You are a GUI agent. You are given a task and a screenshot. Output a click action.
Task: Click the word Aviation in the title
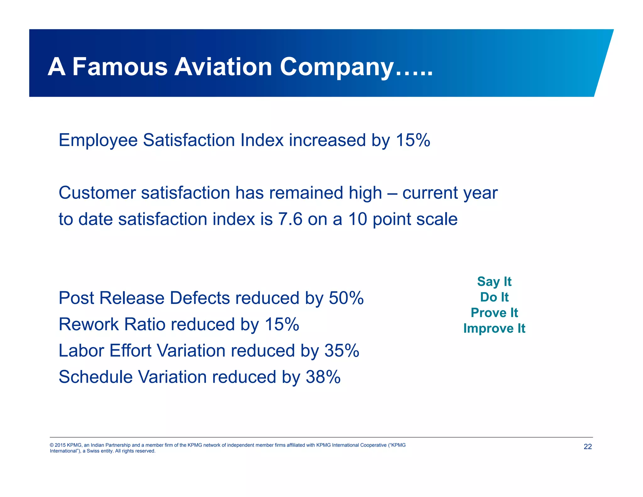point(223,67)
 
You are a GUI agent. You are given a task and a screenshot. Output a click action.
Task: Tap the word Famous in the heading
point(120,67)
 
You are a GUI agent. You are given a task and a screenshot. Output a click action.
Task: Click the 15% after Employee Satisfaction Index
point(413,140)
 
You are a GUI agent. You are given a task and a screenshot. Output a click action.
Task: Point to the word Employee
point(98,141)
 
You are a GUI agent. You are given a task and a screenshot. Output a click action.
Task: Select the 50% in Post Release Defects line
point(346,298)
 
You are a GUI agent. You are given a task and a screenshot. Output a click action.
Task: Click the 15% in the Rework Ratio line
point(282,325)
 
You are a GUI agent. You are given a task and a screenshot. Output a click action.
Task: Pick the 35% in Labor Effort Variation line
point(342,351)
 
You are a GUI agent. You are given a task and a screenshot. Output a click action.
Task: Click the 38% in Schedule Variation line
point(323,377)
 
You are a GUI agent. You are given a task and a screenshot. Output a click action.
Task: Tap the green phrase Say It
point(494,282)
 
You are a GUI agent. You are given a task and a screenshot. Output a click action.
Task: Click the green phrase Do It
point(494,297)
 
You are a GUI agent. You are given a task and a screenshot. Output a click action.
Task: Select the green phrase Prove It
point(494,313)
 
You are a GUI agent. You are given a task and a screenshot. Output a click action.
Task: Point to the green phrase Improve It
point(494,329)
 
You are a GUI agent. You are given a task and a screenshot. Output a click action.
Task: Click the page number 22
point(587,447)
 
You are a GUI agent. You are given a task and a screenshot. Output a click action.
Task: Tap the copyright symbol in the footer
point(51,445)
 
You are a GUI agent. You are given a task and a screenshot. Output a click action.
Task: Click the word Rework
point(89,325)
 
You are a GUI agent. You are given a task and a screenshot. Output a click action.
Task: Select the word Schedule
point(95,377)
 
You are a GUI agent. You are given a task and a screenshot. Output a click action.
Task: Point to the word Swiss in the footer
point(93,451)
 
